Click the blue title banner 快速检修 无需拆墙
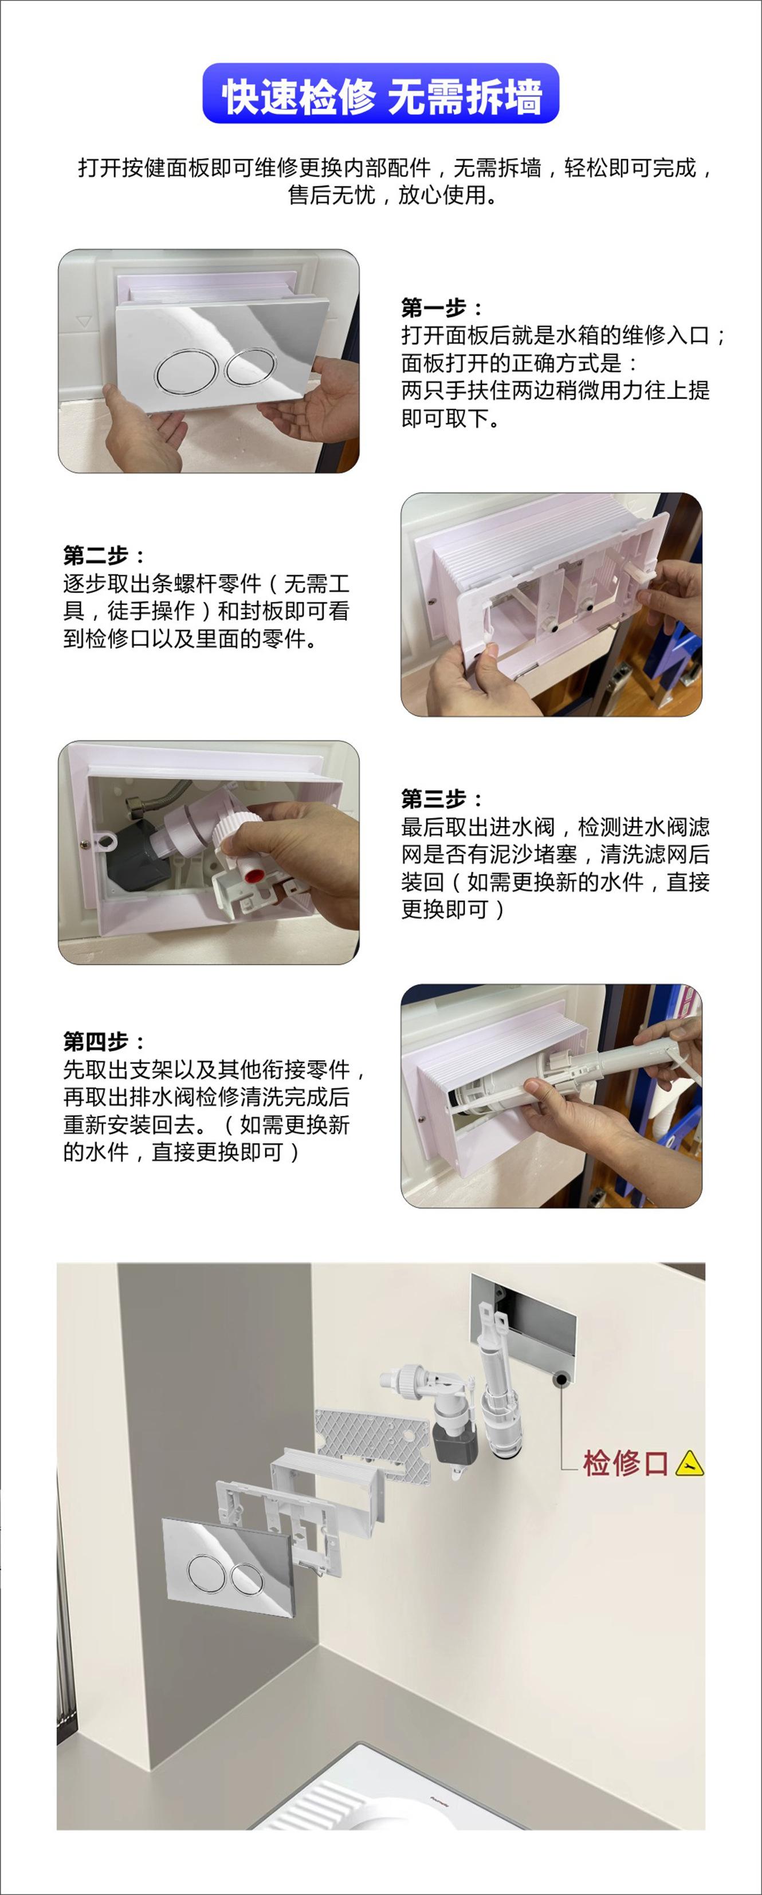point(380,93)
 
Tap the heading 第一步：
point(442,308)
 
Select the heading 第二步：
point(104,556)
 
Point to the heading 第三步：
point(442,799)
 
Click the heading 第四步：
point(104,1042)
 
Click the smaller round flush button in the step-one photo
point(251,367)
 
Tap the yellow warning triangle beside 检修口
point(689,1463)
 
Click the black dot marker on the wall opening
point(561,1378)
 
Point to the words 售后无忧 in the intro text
point(331,195)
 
